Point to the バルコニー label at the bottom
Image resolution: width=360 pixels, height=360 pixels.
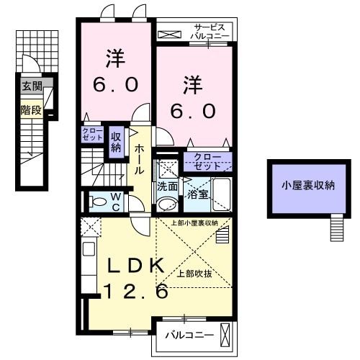[189, 335]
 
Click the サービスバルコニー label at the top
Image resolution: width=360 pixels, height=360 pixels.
[210, 31]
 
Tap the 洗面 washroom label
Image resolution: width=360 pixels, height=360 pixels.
[168, 185]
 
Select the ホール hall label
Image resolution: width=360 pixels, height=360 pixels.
[138, 158]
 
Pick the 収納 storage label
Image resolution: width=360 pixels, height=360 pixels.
[116, 140]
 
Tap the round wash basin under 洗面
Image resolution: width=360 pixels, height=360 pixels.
[167, 204]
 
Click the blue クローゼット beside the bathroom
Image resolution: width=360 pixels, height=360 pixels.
[207, 161]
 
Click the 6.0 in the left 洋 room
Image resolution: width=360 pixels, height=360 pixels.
[114, 84]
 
